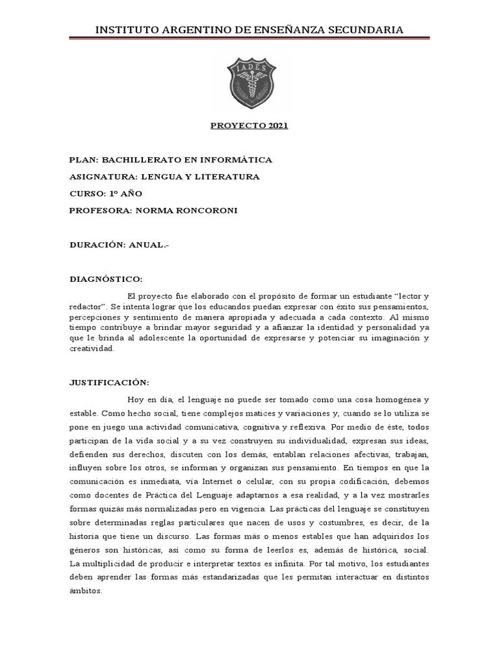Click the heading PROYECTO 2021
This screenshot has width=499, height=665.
[x=249, y=126]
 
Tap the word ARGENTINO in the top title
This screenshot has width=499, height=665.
[x=193, y=30]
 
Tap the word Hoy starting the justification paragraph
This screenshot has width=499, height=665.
[x=135, y=399]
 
